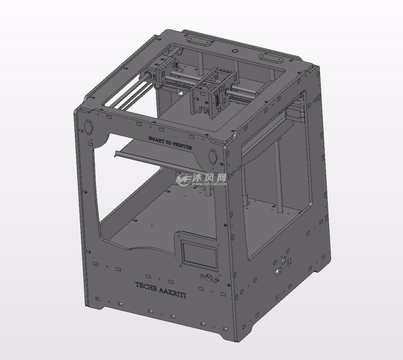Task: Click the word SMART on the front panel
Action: pos(156,139)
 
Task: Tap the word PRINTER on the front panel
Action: pos(183,146)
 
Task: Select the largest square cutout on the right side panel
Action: pos(278,272)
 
